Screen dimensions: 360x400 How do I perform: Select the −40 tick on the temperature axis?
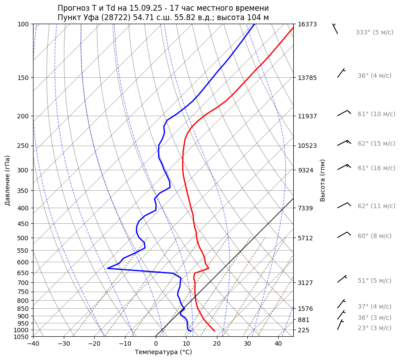coord(33,344)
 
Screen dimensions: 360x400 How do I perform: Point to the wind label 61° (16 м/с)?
coord(376,168)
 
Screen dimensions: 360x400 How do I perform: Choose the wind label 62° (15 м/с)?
coord(376,143)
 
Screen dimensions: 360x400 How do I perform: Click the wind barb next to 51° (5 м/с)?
coord(342,279)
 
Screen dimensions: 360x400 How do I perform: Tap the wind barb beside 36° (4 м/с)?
coord(341,73)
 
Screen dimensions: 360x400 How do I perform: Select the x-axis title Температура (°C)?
coord(163,352)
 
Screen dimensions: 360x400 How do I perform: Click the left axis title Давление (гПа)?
coord(8,180)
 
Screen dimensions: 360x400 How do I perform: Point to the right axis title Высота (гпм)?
coord(323,180)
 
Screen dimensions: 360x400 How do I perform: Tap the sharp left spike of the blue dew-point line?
coord(108,268)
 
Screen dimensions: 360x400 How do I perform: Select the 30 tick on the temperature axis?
coord(247,344)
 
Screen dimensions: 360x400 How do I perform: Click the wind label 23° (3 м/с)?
coord(374,328)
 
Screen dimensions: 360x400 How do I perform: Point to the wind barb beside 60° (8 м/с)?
coord(344,235)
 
